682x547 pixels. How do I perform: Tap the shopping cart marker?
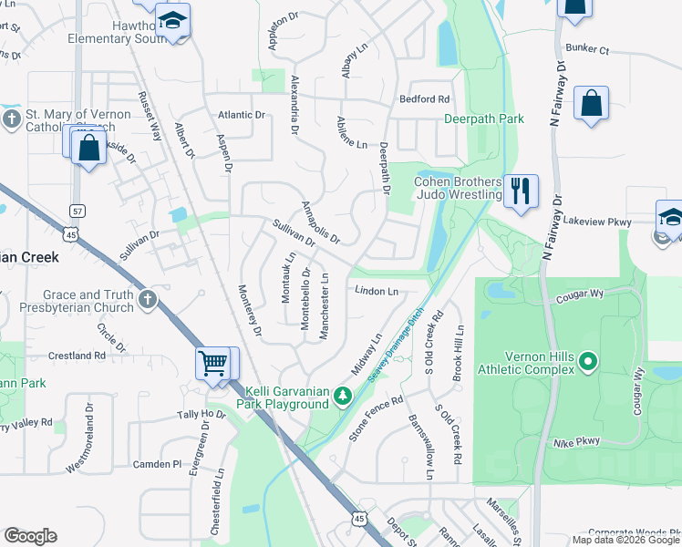point(213,363)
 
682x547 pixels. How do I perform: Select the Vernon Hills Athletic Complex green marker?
point(588,362)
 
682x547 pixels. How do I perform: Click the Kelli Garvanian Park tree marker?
point(342,396)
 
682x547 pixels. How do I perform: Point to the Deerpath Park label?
point(484,119)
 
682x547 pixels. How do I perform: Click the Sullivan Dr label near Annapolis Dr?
point(293,232)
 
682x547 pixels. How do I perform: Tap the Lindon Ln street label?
point(377,292)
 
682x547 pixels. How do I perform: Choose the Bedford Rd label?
point(425,98)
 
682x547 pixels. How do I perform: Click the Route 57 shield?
point(77,211)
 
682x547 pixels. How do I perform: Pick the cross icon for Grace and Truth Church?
point(149,298)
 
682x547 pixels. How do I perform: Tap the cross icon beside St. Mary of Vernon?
point(11,119)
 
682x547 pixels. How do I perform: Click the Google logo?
point(30,535)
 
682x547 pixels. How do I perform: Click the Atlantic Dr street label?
point(241,116)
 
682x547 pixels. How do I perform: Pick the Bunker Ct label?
point(586,49)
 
